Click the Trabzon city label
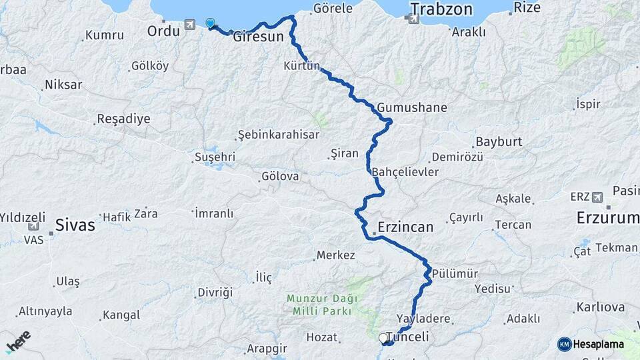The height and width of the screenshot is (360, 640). click(x=441, y=9)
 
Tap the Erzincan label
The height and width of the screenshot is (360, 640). click(x=405, y=227)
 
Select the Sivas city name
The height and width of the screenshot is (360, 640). click(x=75, y=225)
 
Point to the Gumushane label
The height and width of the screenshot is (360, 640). click(x=411, y=107)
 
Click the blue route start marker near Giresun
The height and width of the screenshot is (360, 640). click(x=211, y=23)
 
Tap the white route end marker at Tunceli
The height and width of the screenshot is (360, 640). click(x=384, y=338)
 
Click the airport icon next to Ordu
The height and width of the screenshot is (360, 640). click(x=191, y=25)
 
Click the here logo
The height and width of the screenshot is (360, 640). click(x=18, y=341)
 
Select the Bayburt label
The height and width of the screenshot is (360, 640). click(x=498, y=143)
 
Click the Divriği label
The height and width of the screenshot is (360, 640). click(x=215, y=293)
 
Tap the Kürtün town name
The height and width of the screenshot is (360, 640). click(x=302, y=66)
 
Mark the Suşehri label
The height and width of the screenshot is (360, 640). click(x=215, y=157)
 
